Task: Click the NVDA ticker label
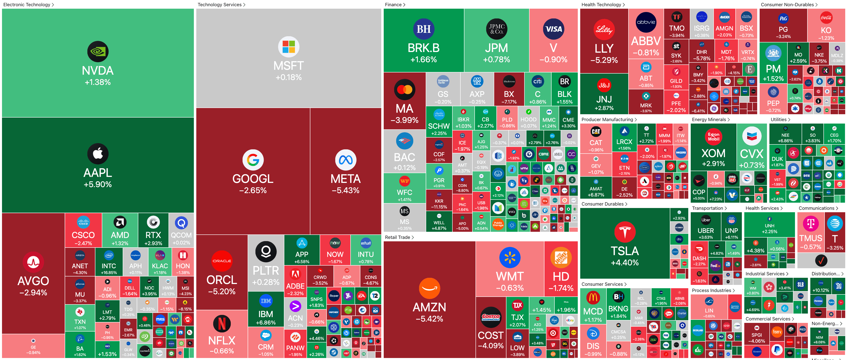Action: click(98, 71)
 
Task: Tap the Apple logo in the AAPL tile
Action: click(98, 154)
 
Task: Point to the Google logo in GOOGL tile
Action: click(253, 160)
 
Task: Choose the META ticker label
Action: click(345, 179)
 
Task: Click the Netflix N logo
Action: click(222, 324)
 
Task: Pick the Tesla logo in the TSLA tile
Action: click(624, 232)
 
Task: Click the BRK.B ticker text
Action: click(423, 48)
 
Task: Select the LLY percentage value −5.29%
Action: click(604, 60)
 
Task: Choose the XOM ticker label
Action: click(713, 153)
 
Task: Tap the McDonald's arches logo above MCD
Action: click(593, 298)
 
